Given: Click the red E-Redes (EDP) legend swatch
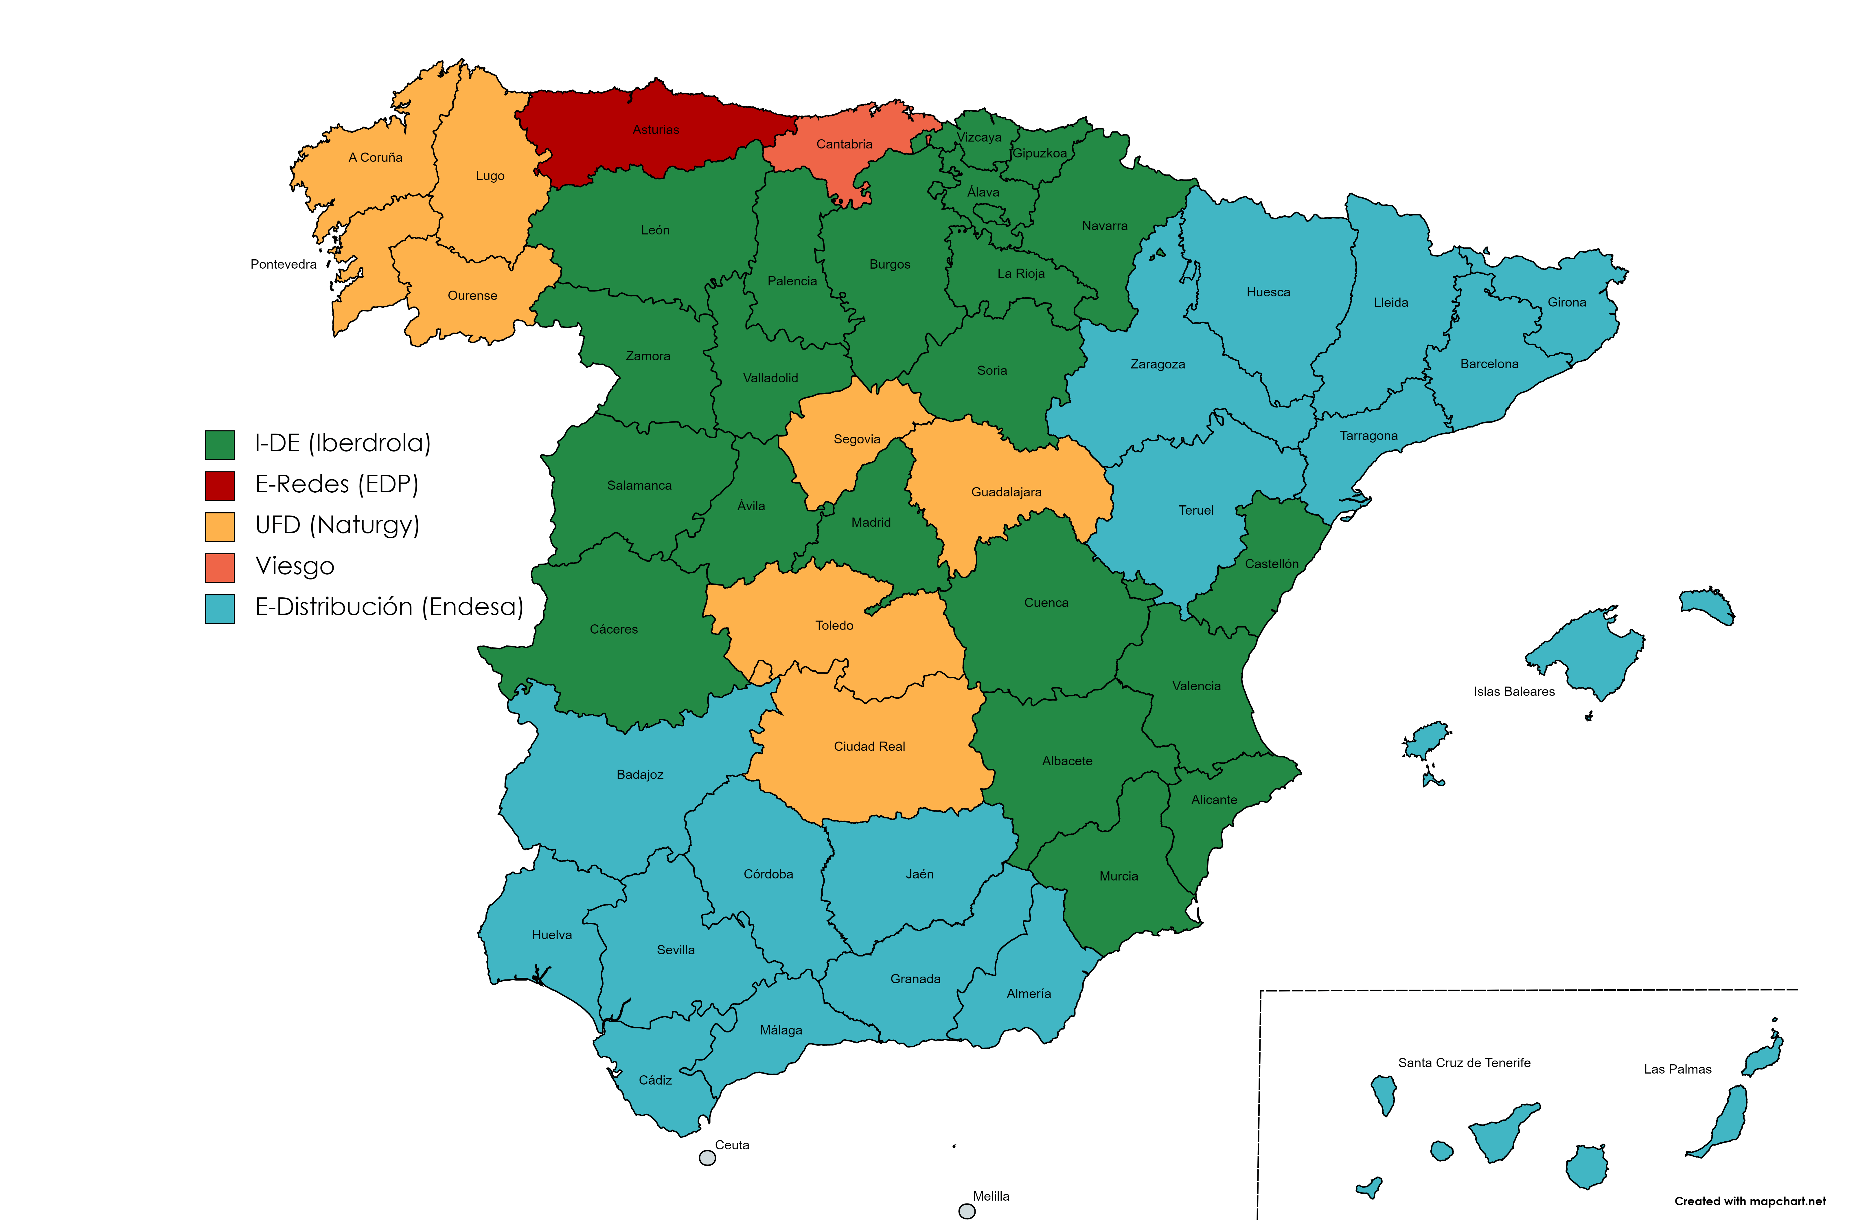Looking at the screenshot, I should pos(220,485).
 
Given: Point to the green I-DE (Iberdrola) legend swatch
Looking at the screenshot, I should pos(220,445).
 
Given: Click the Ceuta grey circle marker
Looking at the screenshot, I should pos(707,1157).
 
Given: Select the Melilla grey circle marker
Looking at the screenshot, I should pos(967,1211).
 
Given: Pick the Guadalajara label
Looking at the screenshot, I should pos(1006,492).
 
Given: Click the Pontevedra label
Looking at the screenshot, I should pos(283,265).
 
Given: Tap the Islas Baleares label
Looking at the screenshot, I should pos(1514,691).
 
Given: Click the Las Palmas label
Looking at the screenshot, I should pos(1677,1069).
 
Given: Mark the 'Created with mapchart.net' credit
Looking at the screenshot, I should pos(1749,1201).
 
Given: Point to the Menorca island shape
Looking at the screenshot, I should pos(1708,605).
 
